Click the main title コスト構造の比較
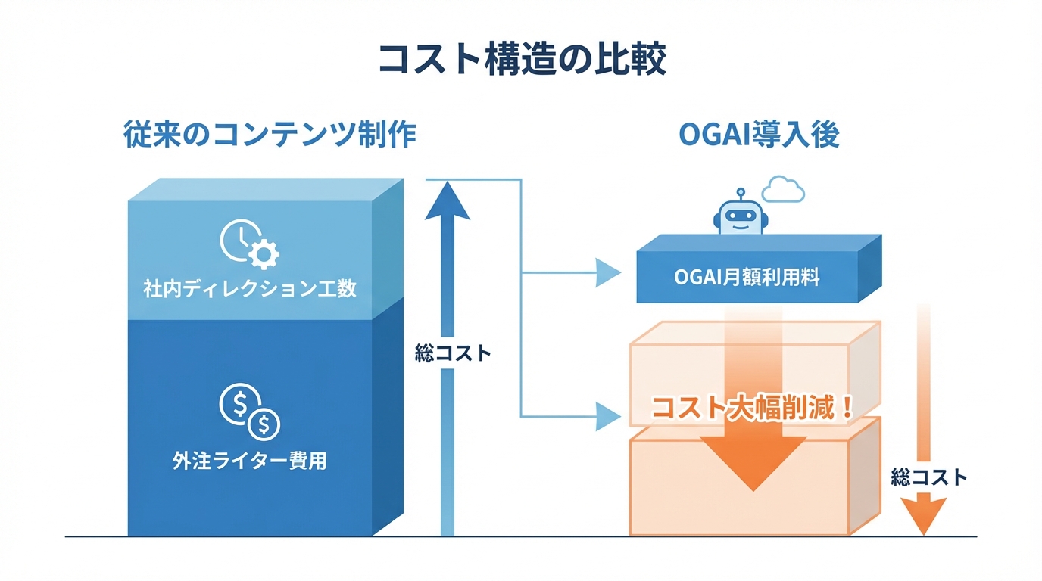click(x=522, y=59)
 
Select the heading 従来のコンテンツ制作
click(x=270, y=135)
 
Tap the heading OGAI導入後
click(x=759, y=135)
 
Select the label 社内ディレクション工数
click(x=250, y=289)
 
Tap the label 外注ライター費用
click(x=250, y=461)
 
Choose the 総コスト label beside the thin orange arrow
click(x=929, y=477)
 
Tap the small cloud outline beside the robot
click(x=782, y=190)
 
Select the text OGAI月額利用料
click(x=747, y=278)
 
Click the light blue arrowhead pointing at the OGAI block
click(x=608, y=273)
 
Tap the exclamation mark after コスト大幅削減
click(x=847, y=409)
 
